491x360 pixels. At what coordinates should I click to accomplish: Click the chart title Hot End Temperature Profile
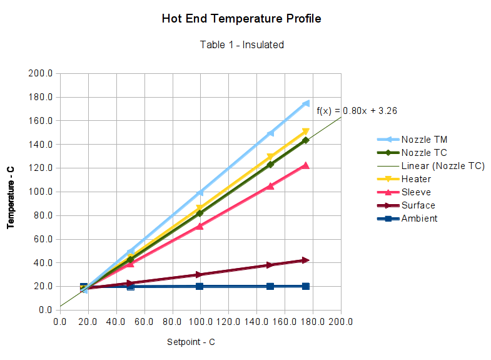pyautogui.click(x=241, y=19)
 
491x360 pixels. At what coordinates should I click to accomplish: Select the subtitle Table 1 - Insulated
pyautogui.click(x=241, y=44)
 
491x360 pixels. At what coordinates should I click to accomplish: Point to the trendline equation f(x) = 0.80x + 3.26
pyautogui.click(x=357, y=111)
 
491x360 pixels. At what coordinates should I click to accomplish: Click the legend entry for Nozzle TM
pyautogui.click(x=424, y=139)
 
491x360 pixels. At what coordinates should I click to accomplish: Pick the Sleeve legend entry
pyautogui.click(x=416, y=192)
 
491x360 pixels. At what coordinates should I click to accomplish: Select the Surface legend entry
pyautogui.click(x=418, y=205)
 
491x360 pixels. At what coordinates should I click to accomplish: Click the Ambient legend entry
pyautogui.click(x=419, y=219)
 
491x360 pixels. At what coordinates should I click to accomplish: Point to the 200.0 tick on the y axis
pyautogui.click(x=40, y=73)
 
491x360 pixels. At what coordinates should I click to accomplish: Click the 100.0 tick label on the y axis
pyautogui.click(x=40, y=192)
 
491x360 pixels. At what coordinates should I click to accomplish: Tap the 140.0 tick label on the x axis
pyautogui.click(x=256, y=322)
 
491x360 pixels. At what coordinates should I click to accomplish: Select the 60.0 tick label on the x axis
pyautogui.click(x=144, y=322)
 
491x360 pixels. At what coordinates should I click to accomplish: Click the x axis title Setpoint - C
pyautogui.click(x=191, y=342)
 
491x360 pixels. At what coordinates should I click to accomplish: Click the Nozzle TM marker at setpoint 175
pyautogui.click(x=306, y=103)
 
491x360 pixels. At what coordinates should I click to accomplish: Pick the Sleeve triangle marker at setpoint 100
pyautogui.click(x=200, y=226)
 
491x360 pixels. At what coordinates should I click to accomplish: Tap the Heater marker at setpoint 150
pyautogui.click(x=270, y=157)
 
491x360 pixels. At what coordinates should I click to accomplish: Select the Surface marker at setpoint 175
pyautogui.click(x=306, y=260)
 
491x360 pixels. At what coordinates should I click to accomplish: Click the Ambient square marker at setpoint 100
pyautogui.click(x=200, y=286)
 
